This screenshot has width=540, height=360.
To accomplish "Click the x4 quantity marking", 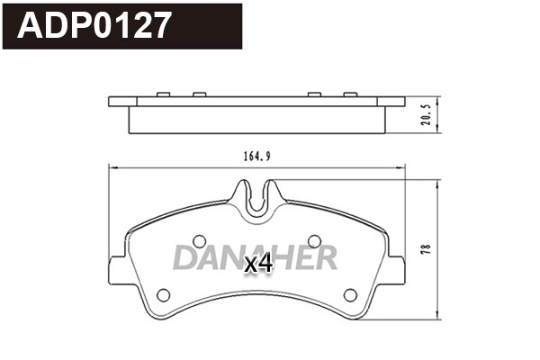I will tap(258, 264).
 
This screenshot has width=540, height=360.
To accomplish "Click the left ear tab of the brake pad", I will tap(117, 263).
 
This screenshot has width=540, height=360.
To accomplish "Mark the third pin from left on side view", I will tap(315, 94).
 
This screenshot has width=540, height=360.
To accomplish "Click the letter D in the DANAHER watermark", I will tap(185, 257).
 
